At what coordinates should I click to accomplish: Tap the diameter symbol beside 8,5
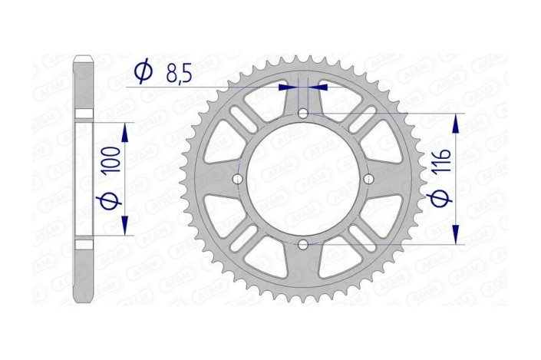(143, 73)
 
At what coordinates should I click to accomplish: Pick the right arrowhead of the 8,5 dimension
(315, 88)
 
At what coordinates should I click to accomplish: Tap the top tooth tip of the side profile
(84, 58)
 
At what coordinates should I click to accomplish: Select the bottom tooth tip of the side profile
(84, 300)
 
